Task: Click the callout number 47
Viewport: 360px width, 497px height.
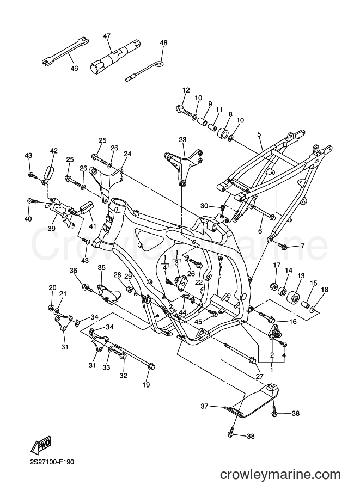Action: tap(107, 36)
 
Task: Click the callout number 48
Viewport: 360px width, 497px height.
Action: tap(164, 43)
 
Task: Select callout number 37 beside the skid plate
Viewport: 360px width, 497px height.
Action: tap(204, 406)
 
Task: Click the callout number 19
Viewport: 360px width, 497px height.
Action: tap(146, 385)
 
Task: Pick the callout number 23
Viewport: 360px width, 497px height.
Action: tap(182, 140)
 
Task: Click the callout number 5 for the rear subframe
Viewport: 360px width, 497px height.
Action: tap(259, 134)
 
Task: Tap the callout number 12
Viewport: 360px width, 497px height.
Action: tap(186, 90)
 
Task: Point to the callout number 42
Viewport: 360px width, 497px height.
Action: tap(53, 151)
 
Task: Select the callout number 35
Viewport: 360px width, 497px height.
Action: tap(101, 268)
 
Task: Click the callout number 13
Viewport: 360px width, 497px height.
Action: tap(301, 276)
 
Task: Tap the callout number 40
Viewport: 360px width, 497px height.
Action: tap(28, 219)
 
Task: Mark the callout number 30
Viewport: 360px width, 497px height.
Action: tap(204, 206)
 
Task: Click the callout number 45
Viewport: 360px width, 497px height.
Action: tap(198, 321)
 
